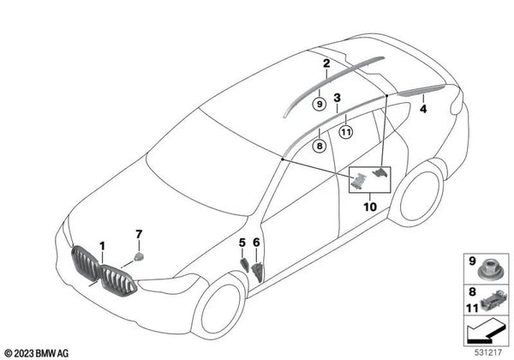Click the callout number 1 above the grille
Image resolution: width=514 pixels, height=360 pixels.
(x=103, y=246)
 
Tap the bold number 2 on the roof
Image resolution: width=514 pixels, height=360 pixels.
(x=326, y=63)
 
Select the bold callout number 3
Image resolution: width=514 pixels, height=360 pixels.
(x=337, y=98)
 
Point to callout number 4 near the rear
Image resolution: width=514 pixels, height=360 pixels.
(x=423, y=109)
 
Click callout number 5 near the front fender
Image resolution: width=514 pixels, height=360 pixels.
(x=242, y=243)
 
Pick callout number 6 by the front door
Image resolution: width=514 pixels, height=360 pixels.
(x=256, y=243)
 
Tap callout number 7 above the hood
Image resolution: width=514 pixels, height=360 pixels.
(x=139, y=234)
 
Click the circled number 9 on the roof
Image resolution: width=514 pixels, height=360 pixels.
(x=320, y=105)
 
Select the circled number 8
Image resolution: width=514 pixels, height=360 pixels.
(x=320, y=145)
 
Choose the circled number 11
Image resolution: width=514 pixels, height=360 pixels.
(x=346, y=132)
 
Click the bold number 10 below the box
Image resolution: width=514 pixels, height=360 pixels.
(x=370, y=207)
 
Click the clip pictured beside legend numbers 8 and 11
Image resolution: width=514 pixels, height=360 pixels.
(x=493, y=300)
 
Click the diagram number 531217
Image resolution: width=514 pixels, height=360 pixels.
(x=488, y=352)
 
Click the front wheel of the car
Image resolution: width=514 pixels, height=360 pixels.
(x=219, y=307)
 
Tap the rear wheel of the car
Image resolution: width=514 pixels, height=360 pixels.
(x=417, y=195)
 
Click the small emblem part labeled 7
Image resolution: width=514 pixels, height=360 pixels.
(x=140, y=257)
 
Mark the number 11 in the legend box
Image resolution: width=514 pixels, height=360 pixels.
(x=472, y=309)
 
